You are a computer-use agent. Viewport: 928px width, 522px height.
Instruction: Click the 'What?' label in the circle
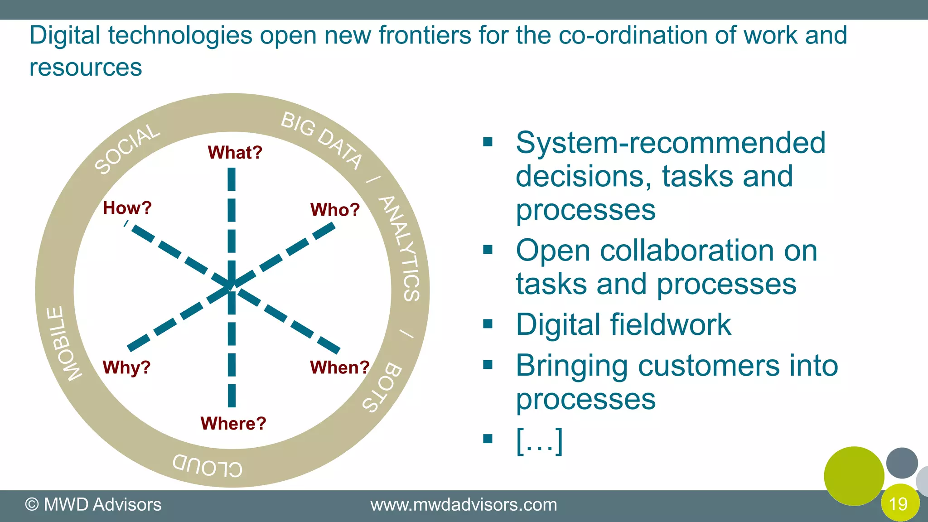pos(235,153)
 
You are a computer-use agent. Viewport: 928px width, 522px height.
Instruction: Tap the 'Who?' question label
pos(335,210)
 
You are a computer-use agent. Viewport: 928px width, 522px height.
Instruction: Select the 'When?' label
pos(339,367)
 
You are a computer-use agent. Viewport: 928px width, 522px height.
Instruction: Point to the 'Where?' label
pos(233,424)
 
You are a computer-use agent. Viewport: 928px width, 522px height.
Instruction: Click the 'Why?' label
pos(126,367)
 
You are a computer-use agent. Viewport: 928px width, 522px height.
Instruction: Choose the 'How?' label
pos(127,208)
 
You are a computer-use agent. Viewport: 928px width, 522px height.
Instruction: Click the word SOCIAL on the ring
pos(127,149)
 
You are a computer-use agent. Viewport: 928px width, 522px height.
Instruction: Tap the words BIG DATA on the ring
pos(322,140)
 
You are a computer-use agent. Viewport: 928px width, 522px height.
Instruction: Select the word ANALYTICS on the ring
pos(401,248)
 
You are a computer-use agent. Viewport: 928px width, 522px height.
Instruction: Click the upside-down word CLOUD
pos(208,465)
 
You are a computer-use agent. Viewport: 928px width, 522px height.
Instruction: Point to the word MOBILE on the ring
pos(64,344)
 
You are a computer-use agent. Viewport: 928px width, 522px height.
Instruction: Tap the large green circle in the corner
pos(854,476)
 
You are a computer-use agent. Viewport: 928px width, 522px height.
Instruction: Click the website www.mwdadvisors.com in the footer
pos(464,505)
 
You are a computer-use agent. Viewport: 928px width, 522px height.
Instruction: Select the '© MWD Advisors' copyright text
pos(93,505)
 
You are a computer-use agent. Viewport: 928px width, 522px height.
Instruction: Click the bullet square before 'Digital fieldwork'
pos(488,324)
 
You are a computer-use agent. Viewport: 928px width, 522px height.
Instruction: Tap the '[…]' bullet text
pos(539,440)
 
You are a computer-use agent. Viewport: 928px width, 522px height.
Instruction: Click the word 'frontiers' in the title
pos(425,35)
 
